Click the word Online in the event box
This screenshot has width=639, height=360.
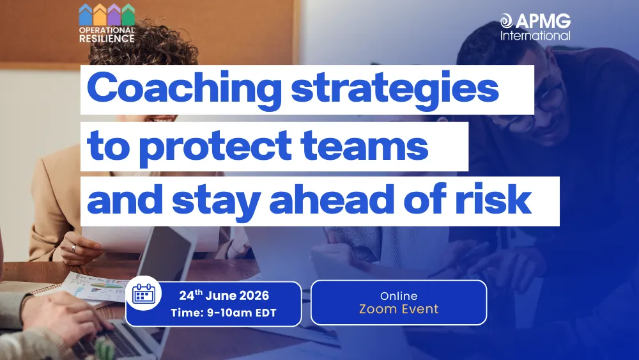pos(399,296)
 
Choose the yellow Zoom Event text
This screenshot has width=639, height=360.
pos(399,309)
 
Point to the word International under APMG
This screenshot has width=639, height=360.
pos(535,36)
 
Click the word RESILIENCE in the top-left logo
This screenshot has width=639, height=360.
pos(107,38)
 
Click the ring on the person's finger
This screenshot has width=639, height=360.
pos(73,248)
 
